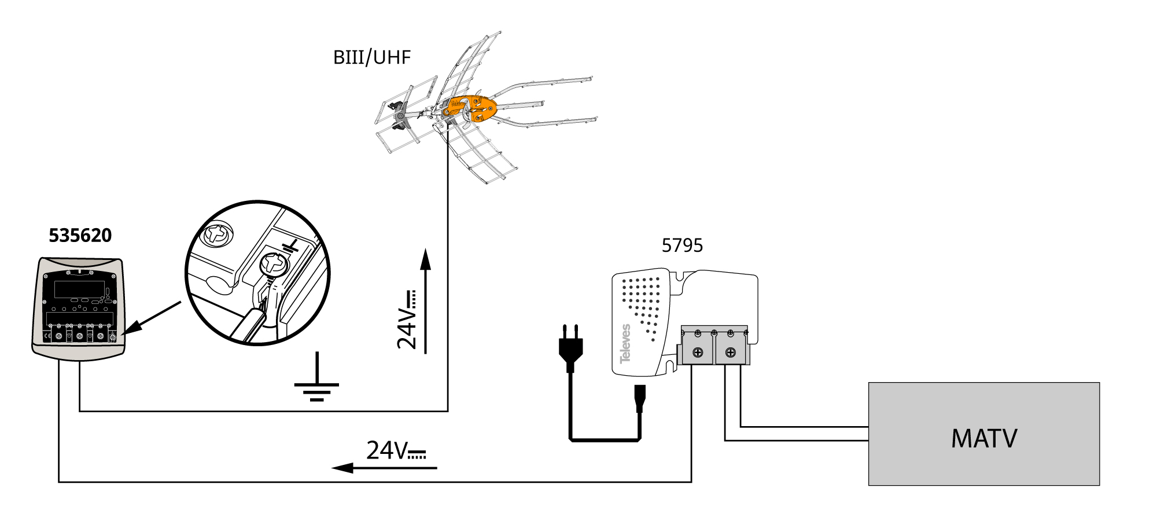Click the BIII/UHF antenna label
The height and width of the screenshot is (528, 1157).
pos(372,57)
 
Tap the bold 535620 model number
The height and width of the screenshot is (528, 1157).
pos(80,236)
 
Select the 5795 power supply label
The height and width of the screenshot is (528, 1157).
pos(682,246)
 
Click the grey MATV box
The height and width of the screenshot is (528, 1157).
pos(983,434)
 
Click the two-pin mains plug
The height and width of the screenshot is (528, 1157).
pos(570,347)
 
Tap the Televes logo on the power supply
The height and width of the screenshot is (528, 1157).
pos(625,344)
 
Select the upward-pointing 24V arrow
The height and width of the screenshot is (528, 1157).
pos(425,301)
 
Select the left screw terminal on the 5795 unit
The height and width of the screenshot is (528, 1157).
pos(698,352)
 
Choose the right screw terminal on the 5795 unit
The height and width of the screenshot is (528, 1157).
pos(731,352)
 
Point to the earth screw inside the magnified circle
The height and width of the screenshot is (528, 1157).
pos(274,265)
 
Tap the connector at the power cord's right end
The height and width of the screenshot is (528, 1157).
pos(639,398)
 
